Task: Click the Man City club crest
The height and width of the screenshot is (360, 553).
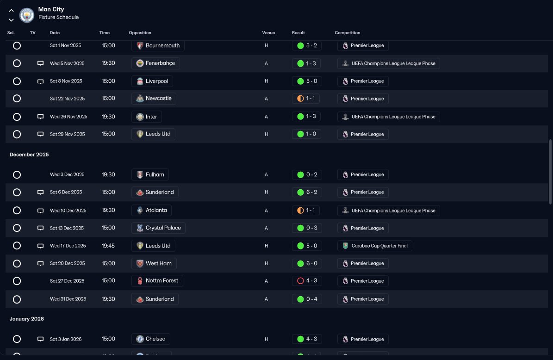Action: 27,15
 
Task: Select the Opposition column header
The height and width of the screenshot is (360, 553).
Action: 140,33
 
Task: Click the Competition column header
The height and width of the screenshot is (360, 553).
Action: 348,33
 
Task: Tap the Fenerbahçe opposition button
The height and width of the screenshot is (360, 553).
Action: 155,63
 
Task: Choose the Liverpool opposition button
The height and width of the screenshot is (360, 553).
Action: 152,81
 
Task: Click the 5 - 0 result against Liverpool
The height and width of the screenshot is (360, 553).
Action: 307,81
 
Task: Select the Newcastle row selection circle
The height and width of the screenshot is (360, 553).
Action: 17,99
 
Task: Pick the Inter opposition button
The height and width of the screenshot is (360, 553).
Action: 147,117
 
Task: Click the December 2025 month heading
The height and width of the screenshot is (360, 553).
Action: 29,155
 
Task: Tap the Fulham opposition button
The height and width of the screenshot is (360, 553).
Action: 150,174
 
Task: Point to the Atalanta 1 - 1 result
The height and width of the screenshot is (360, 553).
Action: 306,210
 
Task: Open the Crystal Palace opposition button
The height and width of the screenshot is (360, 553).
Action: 158,228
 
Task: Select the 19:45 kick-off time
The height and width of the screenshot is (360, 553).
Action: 108,246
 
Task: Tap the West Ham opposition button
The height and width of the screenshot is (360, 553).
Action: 154,263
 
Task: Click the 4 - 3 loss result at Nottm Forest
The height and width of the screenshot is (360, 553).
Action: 307,281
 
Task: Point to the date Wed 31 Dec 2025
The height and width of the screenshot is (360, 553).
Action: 68,299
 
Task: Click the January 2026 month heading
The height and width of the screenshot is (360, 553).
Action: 27,319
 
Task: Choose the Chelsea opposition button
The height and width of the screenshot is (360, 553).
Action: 150,339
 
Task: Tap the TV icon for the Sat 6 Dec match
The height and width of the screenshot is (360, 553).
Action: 41,192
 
